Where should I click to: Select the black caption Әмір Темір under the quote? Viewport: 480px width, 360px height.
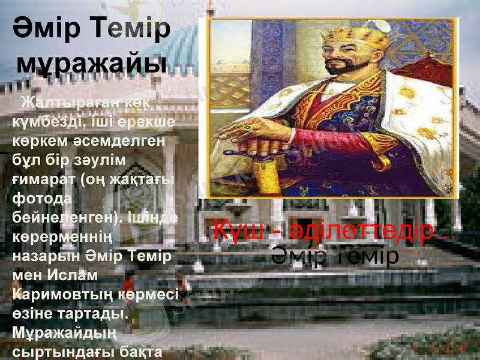coord(335,256)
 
